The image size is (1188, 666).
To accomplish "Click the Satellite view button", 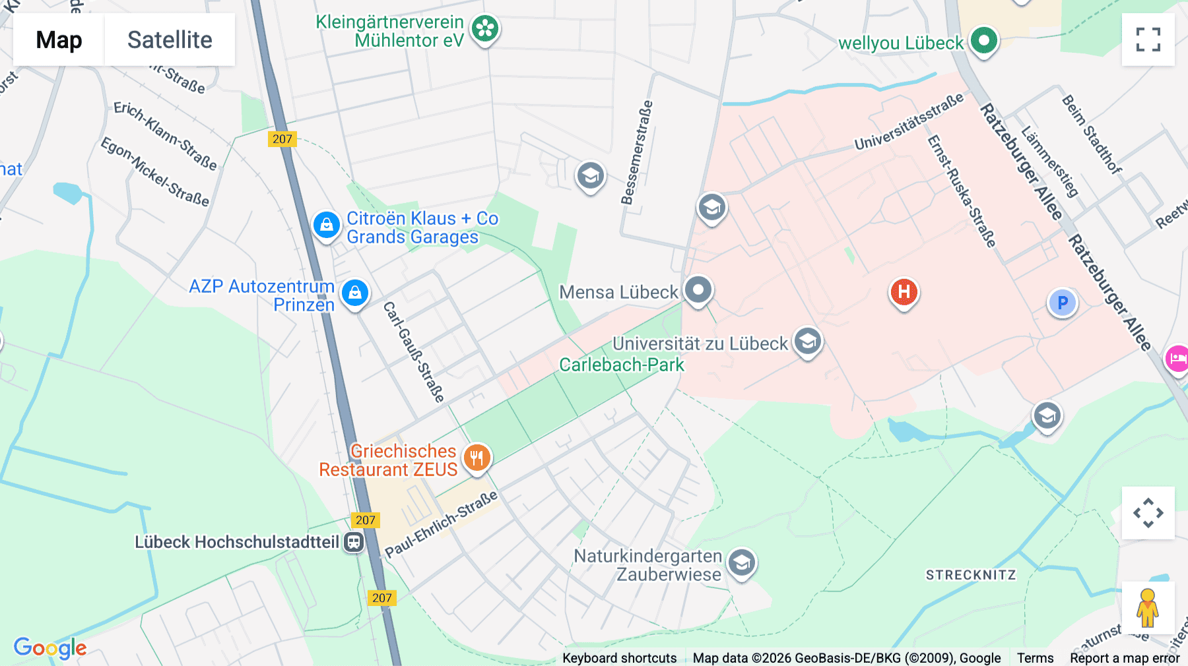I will [x=170, y=40].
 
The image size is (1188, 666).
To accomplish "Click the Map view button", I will [x=59, y=40].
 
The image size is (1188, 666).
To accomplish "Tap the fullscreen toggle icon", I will [x=1148, y=40].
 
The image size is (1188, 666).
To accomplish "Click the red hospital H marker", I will [x=904, y=291].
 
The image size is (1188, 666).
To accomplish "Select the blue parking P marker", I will [x=1062, y=303].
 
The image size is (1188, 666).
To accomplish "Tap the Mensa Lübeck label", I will [x=618, y=292].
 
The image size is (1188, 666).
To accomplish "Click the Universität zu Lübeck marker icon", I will [x=807, y=342].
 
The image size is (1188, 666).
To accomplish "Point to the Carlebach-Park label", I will [x=621, y=365].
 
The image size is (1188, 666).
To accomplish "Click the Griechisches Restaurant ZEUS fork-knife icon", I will [x=477, y=457].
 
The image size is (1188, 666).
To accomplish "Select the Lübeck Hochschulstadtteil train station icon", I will [x=354, y=542].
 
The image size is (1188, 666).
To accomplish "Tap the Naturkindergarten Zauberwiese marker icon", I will [x=741, y=563].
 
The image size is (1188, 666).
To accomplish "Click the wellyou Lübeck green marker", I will [x=983, y=41].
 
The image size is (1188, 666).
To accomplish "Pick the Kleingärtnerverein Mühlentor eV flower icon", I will [x=485, y=28].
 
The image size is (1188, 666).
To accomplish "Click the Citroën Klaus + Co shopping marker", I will [x=326, y=226].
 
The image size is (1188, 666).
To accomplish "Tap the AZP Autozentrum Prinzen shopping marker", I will [x=355, y=292].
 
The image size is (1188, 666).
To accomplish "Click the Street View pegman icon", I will [x=1148, y=608].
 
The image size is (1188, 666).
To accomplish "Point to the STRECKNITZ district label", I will [x=970, y=575].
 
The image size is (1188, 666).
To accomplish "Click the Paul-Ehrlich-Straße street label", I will [x=441, y=524].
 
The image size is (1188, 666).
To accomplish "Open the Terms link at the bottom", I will [x=1035, y=657].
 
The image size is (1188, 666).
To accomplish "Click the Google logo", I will [x=50, y=648].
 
